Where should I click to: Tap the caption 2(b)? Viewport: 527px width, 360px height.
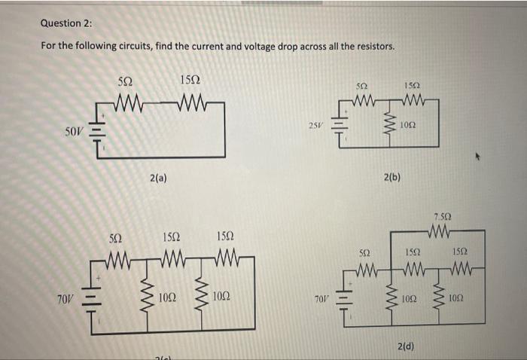click(391, 178)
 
